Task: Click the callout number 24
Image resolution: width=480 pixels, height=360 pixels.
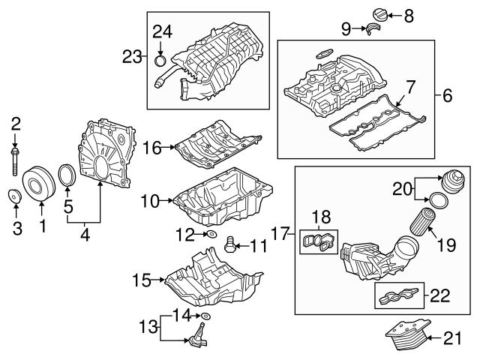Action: tap(162, 31)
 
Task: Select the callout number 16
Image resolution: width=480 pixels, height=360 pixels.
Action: tap(152, 148)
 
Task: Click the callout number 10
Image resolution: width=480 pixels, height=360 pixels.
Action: tap(149, 201)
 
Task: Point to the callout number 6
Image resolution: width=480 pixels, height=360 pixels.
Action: tap(447, 95)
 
